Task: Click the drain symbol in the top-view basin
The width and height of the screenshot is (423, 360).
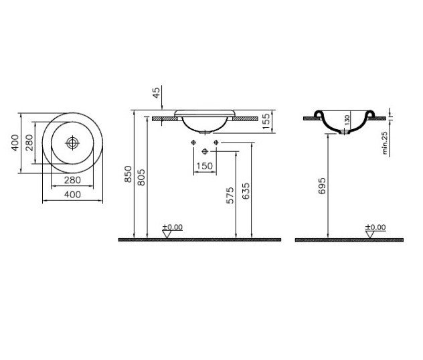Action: tap(72, 143)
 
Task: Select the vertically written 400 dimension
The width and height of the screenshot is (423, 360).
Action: tap(15, 143)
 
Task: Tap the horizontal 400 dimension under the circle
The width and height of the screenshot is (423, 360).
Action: tap(72, 194)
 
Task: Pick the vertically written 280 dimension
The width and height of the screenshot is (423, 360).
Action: tap(29, 143)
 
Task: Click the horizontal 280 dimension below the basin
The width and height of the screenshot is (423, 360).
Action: tap(72, 180)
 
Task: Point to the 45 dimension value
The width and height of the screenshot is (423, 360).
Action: tap(156, 92)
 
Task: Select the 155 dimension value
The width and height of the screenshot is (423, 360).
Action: tap(266, 121)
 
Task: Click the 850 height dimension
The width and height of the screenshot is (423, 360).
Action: tap(128, 174)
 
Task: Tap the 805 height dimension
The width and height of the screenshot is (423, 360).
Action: tap(141, 177)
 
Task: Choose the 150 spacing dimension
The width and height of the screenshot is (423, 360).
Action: tap(205, 166)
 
